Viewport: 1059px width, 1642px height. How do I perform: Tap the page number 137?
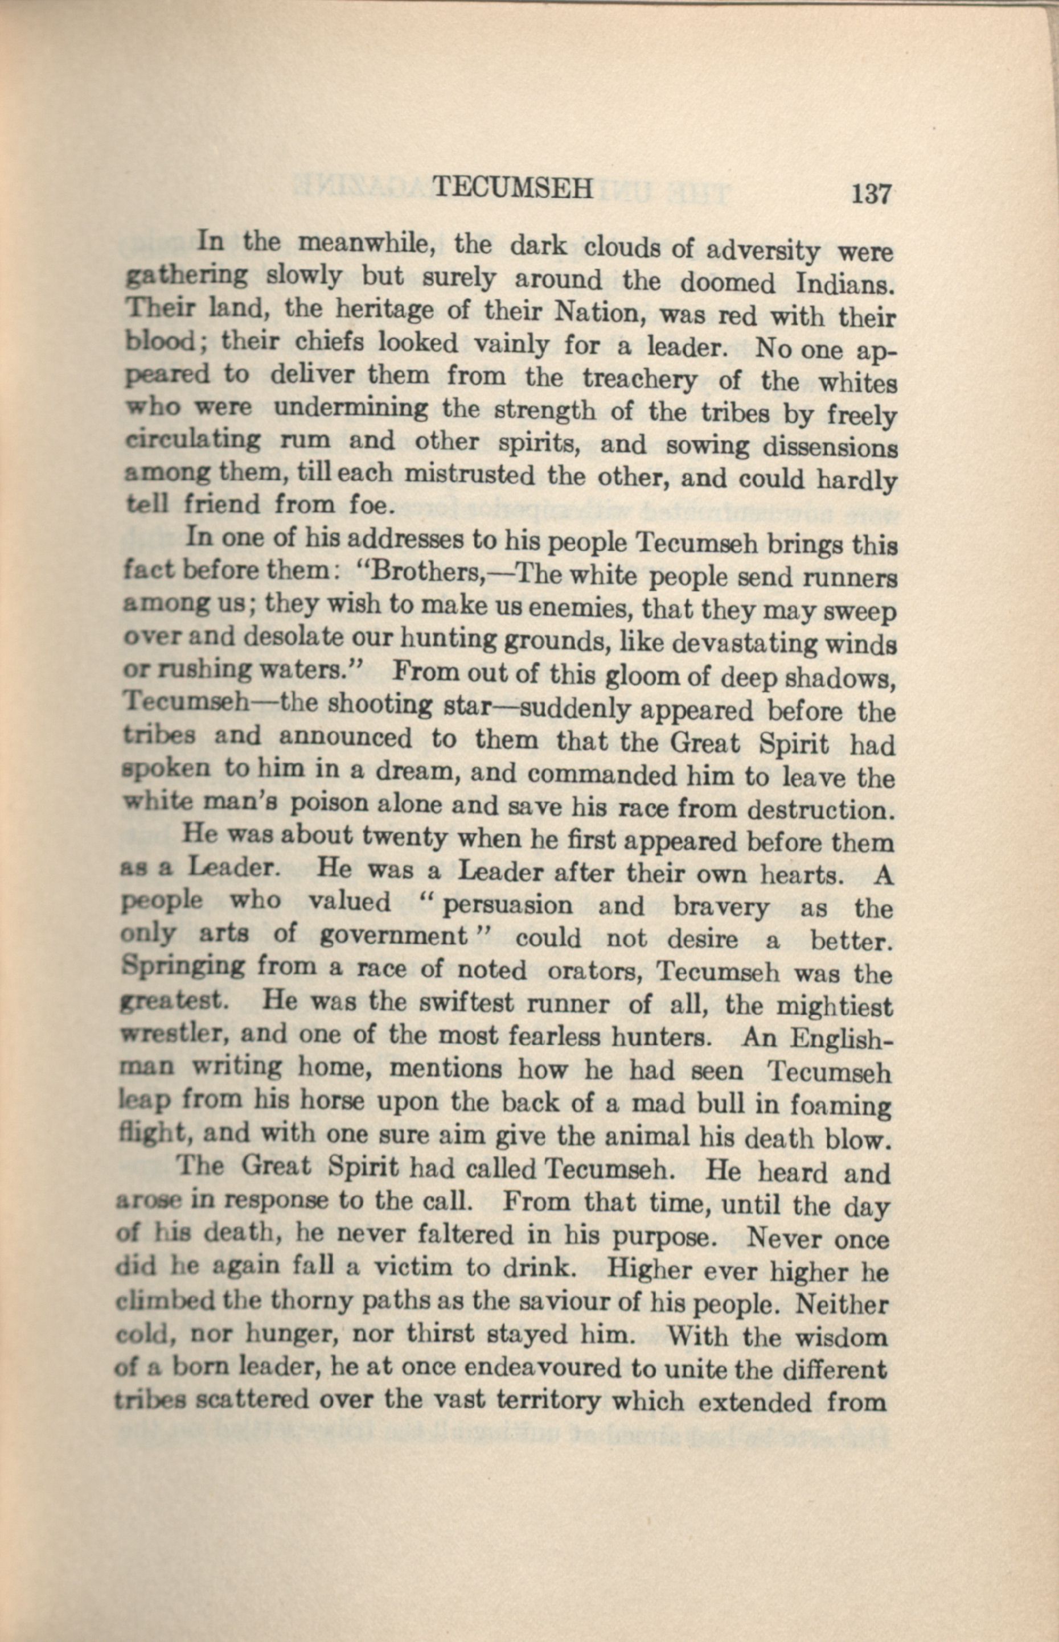[871, 193]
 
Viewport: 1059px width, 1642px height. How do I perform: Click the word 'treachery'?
[639, 381]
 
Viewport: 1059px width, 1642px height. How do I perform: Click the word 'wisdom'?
[841, 1338]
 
